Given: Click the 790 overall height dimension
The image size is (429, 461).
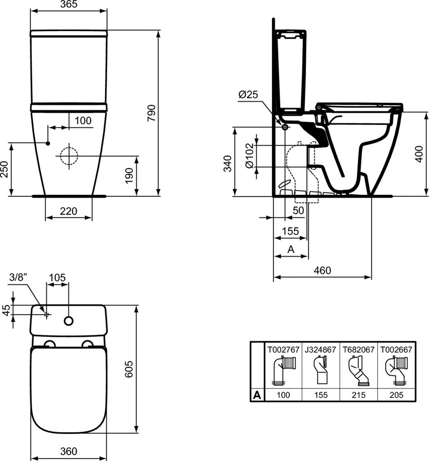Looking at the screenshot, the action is [151, 113].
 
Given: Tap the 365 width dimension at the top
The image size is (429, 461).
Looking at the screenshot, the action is [69, 4].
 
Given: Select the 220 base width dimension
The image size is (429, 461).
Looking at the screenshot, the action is [68, 211].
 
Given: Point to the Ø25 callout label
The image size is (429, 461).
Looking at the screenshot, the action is [248, 95].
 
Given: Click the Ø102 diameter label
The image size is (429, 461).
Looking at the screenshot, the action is [249, 155].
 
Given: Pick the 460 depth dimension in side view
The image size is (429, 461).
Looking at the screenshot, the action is [322, 270].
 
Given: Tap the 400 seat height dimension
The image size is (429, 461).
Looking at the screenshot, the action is [419, 154].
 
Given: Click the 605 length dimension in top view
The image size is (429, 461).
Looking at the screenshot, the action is [129, 369].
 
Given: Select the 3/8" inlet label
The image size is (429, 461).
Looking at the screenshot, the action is [18, 277].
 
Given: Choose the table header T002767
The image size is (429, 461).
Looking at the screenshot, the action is [283, 349].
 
